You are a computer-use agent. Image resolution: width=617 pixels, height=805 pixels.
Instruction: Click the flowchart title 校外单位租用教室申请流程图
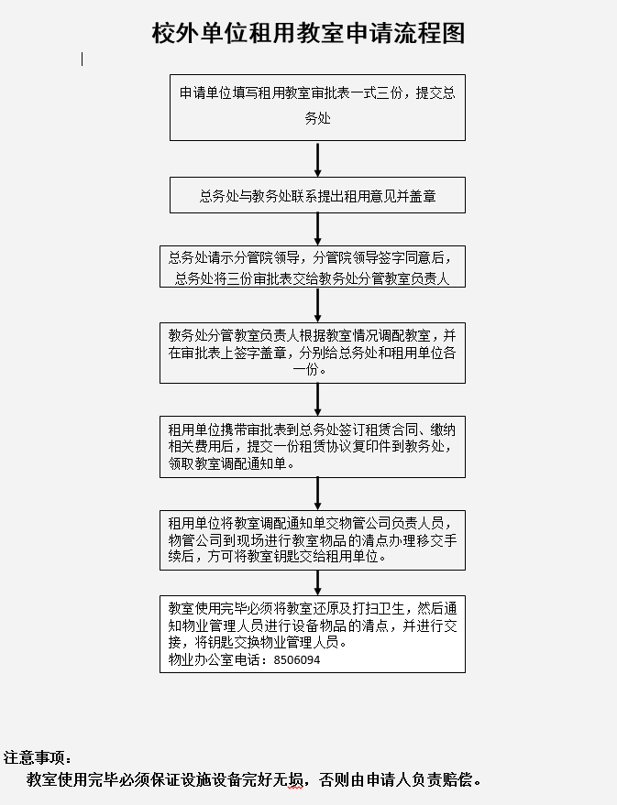click(x=308, y=33)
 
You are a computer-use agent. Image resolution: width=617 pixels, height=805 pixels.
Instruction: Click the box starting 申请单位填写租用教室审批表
click(x=317, y=107)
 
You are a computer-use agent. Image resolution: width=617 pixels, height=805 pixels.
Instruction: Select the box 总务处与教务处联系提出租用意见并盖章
click(x=317, y=195)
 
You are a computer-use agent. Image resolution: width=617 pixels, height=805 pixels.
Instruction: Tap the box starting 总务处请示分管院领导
click(x=313, y=267)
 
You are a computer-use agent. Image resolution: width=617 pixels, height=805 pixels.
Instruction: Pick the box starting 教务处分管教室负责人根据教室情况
click(x=313, y=353)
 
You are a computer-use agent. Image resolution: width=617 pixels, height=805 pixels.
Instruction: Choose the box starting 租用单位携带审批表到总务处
click(x=313, y=447)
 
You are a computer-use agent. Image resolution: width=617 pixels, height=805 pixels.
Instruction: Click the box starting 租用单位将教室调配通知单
click(x=313, y=540)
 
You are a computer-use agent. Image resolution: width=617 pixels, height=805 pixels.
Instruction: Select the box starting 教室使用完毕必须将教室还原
click(x=313, y=634)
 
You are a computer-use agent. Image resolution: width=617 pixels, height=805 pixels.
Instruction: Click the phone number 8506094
click(x=296, y=659)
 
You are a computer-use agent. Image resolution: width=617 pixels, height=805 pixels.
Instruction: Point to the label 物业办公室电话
click(x=215, y=659)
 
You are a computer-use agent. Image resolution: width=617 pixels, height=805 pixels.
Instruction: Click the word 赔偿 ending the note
click(x=457, y=780)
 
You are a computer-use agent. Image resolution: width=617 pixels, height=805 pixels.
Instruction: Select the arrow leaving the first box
click(x=317, y=159)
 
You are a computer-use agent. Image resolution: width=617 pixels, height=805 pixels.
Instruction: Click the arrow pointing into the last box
click(x=317, y=583)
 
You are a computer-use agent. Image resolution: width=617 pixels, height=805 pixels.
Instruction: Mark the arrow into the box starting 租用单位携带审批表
click(x=317, y=400)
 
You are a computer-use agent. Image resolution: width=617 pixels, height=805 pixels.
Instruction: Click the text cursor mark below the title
click(x=83, y=59)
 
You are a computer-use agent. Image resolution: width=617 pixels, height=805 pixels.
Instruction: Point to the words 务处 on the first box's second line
click(x=317, y=118)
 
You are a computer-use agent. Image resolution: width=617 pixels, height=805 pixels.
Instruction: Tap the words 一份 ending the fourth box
click(x=305, y=369)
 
